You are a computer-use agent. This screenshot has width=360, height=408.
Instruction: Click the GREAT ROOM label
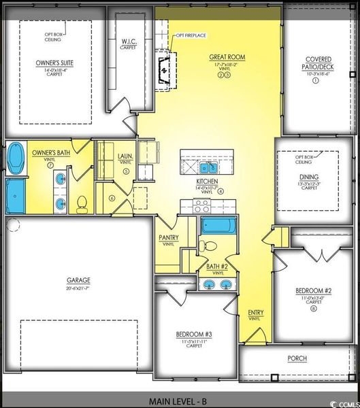coord(227,58)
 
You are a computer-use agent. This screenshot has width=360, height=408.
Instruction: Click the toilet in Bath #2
coord(210,245)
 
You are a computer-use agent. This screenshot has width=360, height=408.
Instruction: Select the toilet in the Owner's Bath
coord(82,202)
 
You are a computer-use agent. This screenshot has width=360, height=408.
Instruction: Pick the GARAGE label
coord(78,280)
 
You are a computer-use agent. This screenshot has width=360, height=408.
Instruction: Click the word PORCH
coord(297,358)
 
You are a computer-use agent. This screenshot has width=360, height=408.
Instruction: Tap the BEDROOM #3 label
coord(195,335)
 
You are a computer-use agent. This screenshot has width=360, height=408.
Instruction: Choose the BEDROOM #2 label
coord(314,290)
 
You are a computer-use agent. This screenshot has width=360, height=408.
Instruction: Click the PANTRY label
coord(168,237)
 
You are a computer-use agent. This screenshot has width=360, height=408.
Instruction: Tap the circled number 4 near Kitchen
coord(220,191)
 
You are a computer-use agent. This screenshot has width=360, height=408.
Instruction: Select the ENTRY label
coord(256,313)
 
